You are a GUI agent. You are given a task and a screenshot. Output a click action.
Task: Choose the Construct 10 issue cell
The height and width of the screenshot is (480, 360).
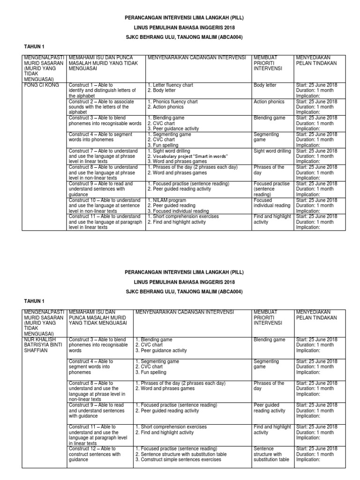point(104,205)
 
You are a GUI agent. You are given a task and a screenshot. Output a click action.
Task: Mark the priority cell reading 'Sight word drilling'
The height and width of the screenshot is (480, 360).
point(271,151)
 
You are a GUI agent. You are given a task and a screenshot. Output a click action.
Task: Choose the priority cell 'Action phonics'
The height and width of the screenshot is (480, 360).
point(269,102)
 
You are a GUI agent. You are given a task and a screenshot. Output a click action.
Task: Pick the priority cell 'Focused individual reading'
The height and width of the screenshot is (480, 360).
point(271,203)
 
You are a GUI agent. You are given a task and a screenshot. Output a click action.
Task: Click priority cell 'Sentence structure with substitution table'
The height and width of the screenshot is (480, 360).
point(271,454)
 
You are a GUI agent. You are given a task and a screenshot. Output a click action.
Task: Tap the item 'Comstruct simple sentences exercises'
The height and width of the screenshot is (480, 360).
point(178,459)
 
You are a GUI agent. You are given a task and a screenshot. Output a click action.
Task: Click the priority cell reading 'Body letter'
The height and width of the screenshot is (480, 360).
point(265,85)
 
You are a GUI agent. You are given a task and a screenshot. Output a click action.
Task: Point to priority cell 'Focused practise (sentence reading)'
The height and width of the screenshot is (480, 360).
point(271,189)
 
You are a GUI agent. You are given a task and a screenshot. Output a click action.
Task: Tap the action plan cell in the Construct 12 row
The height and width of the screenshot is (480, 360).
point(316,454)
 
